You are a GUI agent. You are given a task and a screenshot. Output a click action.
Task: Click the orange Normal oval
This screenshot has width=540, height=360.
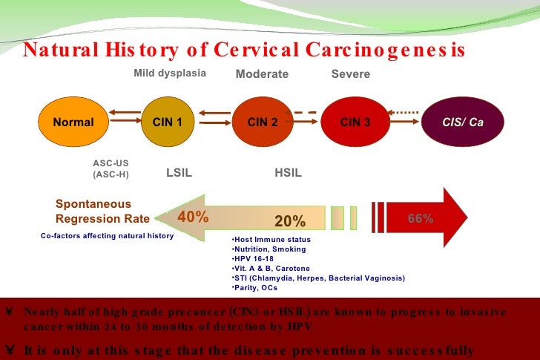point(73,122)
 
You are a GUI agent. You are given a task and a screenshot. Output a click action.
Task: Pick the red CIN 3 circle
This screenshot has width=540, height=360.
point(355,122)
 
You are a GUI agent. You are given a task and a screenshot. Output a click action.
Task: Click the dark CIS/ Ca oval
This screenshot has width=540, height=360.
point(462,122)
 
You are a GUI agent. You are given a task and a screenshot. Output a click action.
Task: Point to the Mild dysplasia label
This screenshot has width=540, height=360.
point(170,73)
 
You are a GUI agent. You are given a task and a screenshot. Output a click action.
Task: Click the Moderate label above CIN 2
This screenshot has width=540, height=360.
point(262,74)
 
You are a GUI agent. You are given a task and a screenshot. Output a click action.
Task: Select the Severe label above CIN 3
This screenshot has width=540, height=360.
point(350,74)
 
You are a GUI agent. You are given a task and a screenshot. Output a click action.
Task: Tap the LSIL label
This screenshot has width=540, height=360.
point(180,173)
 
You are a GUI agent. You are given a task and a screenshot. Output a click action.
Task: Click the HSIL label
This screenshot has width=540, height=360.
point(288,173)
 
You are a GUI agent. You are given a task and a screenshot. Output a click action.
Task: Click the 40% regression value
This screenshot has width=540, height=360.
point(193,217)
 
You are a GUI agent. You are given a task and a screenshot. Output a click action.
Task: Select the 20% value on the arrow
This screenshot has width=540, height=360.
point(290,221)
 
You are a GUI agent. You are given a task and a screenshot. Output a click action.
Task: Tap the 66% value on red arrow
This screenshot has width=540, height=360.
point(421,218)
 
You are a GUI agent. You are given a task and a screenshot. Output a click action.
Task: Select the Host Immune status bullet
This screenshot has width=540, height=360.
point(271,240)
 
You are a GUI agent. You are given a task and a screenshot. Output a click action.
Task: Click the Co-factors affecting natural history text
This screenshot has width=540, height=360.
point(107,235)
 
